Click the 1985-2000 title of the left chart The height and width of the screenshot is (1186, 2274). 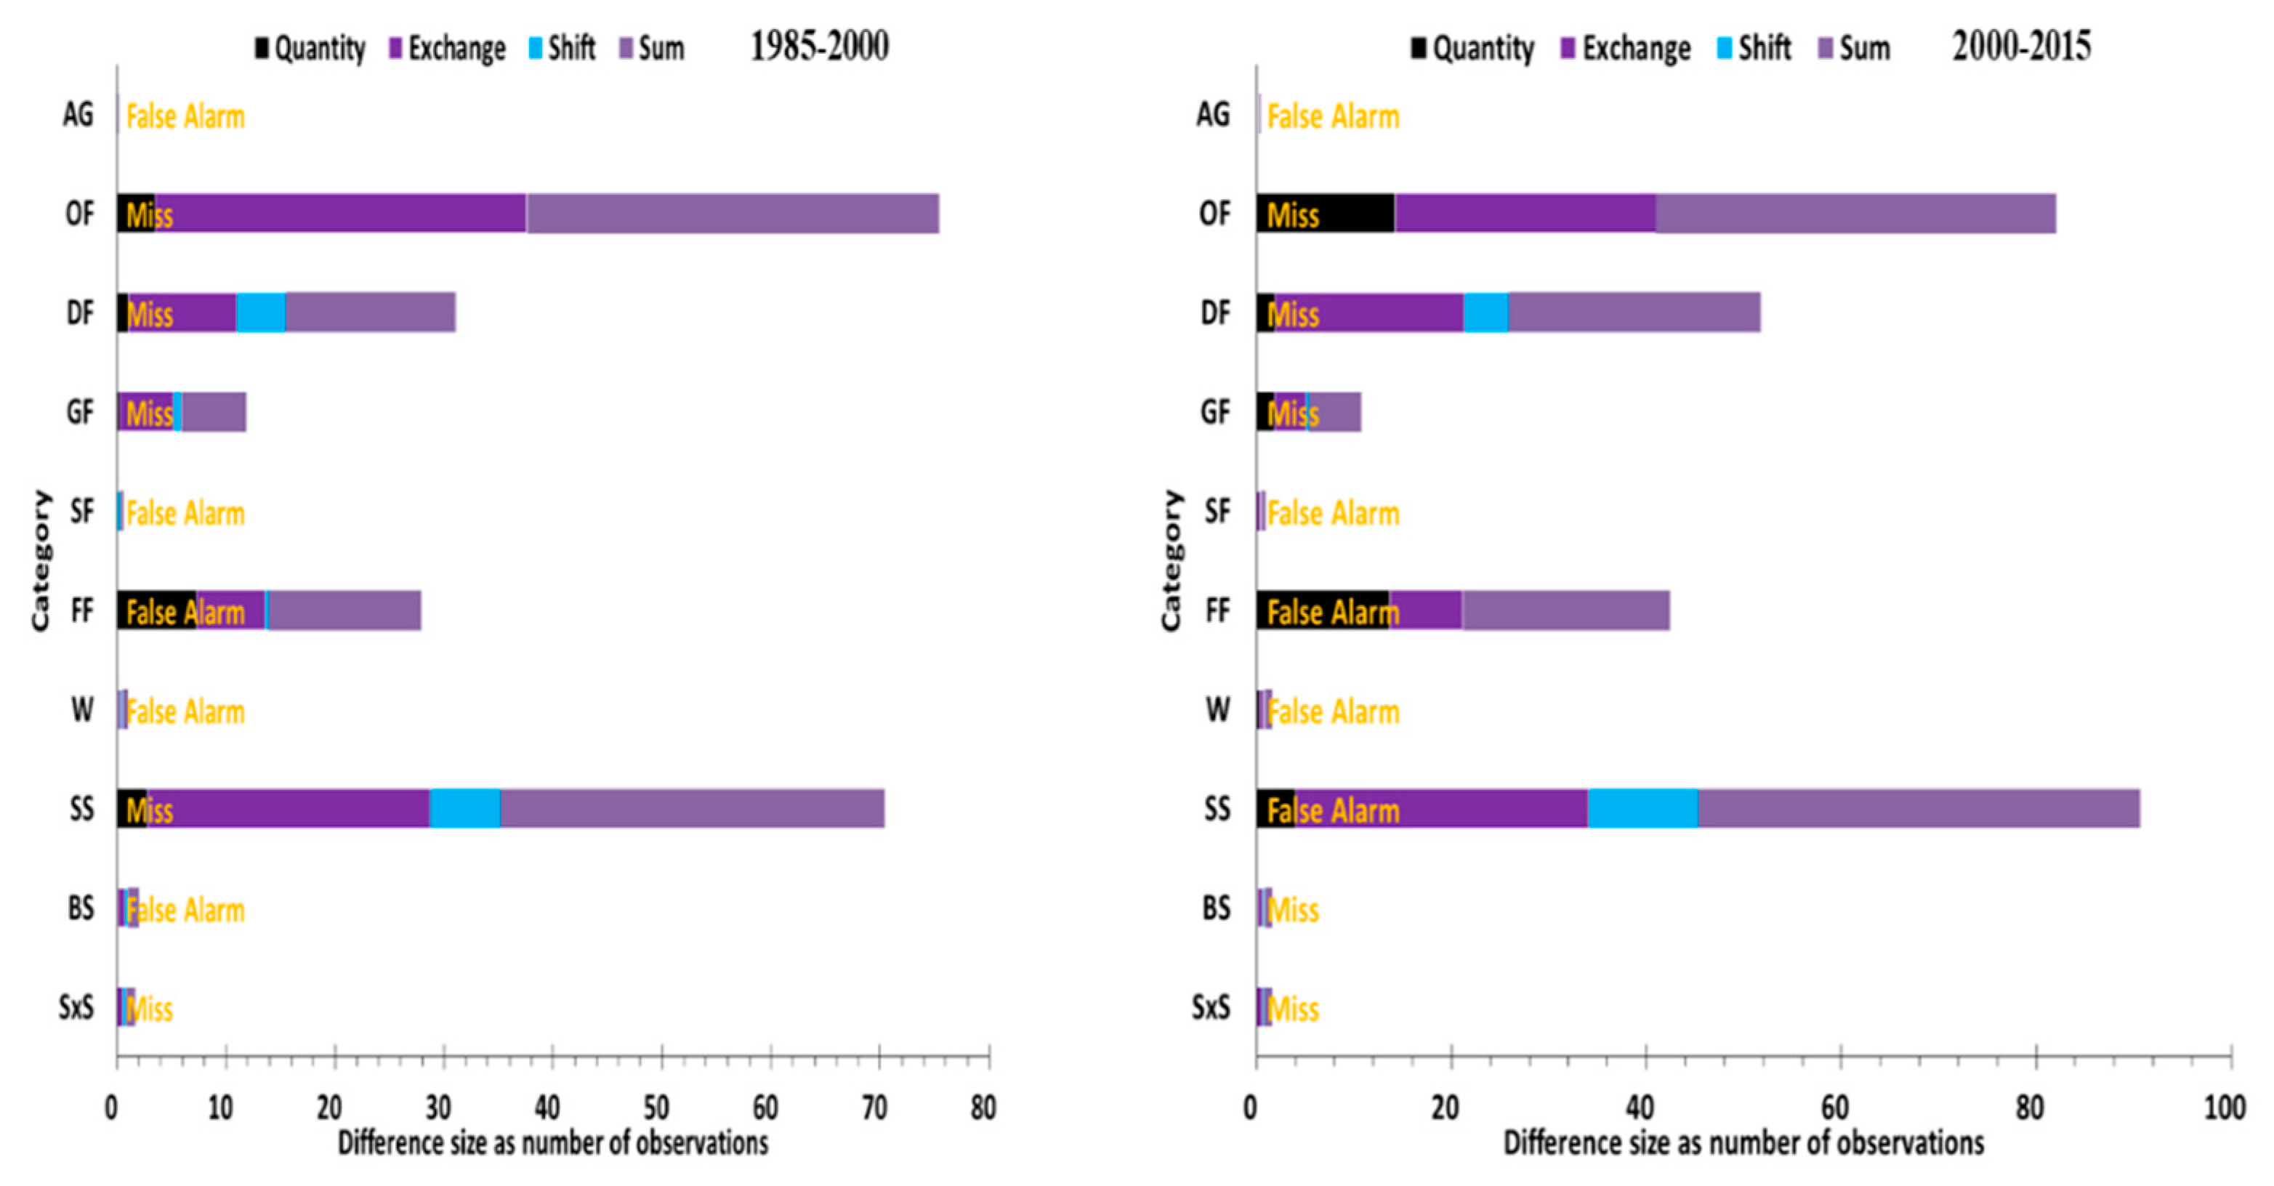coord(819,46)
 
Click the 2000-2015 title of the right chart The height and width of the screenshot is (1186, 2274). coord(2020,46)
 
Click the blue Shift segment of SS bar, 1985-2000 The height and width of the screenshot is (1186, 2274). coord(464,808)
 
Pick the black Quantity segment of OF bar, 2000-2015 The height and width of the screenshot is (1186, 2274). coord(1350,214)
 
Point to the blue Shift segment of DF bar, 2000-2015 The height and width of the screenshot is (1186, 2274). coord(1485,312)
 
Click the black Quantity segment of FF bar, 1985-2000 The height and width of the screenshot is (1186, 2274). coord(156,610)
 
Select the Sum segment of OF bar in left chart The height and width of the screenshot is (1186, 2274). coord(733,214)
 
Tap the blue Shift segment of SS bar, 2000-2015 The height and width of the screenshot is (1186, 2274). coord(1642,808)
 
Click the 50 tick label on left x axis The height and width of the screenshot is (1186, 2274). coord(656,1108)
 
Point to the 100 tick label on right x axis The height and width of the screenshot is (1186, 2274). coord(2224,1108)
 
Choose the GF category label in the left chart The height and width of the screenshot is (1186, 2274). coord(79,412)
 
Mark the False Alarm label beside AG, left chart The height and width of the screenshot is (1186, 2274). coord(185,116)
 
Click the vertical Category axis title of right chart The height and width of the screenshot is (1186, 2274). coord(1171,560)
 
